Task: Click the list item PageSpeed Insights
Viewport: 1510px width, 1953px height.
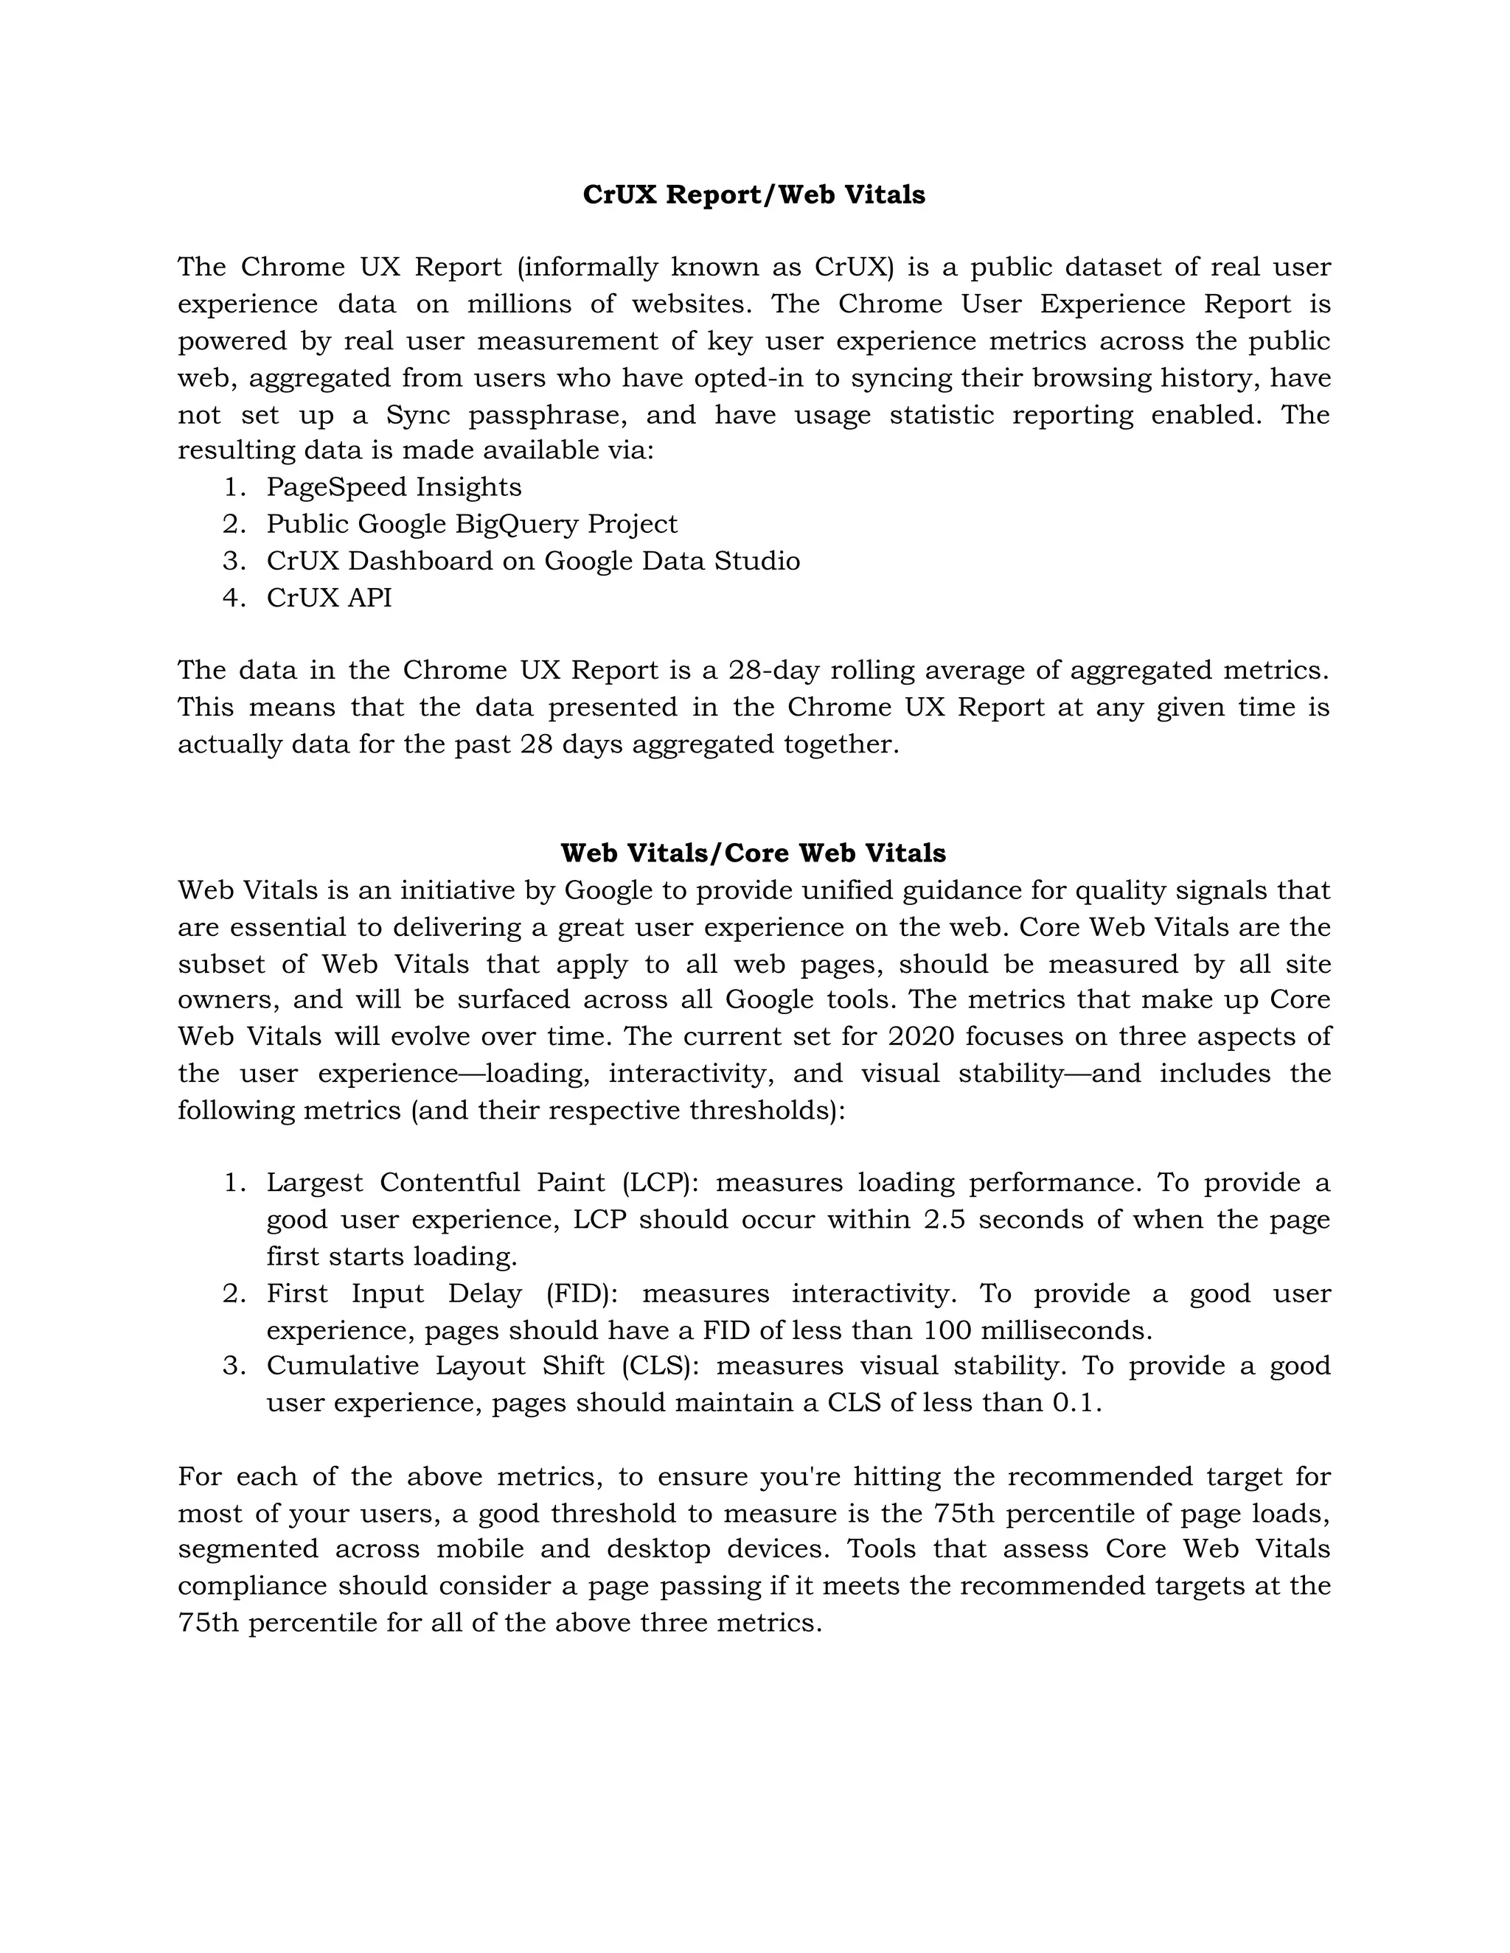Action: click(394, 486)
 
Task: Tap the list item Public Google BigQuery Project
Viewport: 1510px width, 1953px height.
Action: click(471, 523)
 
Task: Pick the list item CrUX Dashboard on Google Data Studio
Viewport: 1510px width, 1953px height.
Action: click(533, 561)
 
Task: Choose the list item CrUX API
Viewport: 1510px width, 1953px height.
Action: click(329, 598)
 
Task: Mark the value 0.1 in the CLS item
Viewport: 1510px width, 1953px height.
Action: click(1074, 1402)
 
